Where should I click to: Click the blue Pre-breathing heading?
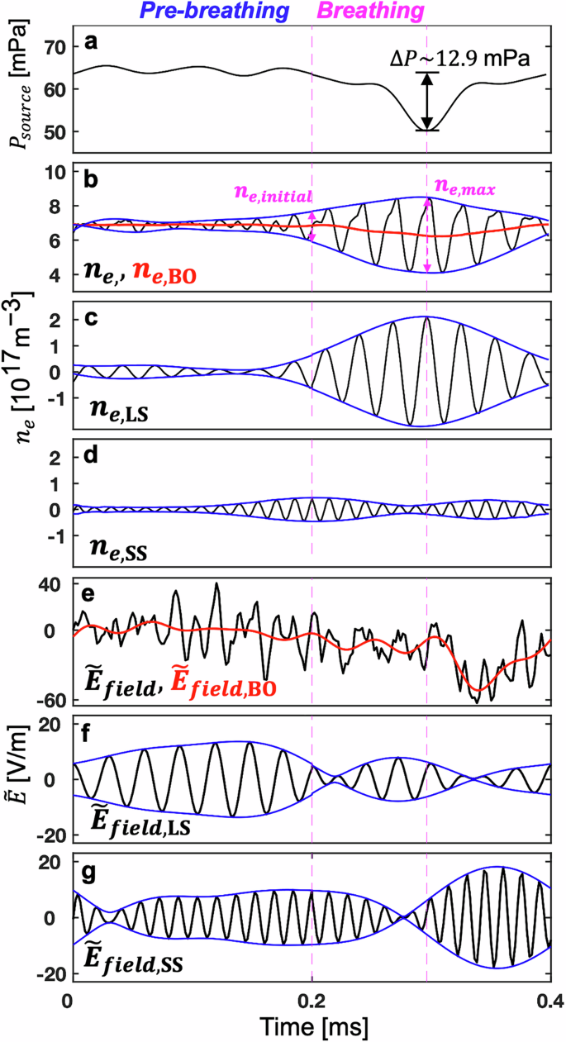click(216, 11)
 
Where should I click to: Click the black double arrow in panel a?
click(427, 101)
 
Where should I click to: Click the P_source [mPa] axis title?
click(17, 87)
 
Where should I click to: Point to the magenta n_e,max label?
click(464, 188)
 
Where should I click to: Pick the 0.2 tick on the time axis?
click(312, 997)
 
